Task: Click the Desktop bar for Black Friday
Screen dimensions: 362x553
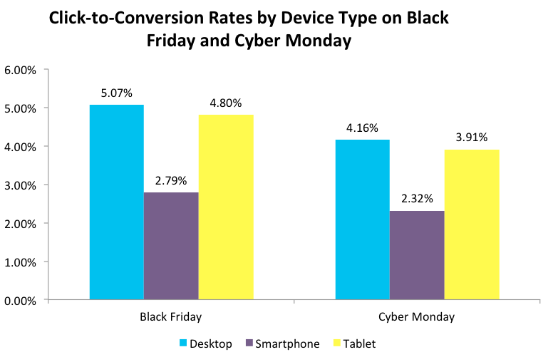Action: pyautogui.click(x=116, y=202)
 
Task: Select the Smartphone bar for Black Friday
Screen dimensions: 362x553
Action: pyautogui.click(x=171, y=246)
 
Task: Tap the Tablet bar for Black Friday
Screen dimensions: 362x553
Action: pyautogui.click(x=226, y=207)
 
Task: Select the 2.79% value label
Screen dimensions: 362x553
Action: pyautogui.click(x=171, y=180)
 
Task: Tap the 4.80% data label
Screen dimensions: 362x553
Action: pyautogui.click(x=227, y=102)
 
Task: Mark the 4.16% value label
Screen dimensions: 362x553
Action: pyautogui.click(x=363, y=128)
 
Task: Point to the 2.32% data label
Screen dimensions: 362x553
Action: pyautogui.click(x=418, y=198)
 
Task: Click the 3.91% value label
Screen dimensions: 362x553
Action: pyautogui.click(x=472, y=137)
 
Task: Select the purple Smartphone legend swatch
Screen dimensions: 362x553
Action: pyautogui.click(x=249, y=344)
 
